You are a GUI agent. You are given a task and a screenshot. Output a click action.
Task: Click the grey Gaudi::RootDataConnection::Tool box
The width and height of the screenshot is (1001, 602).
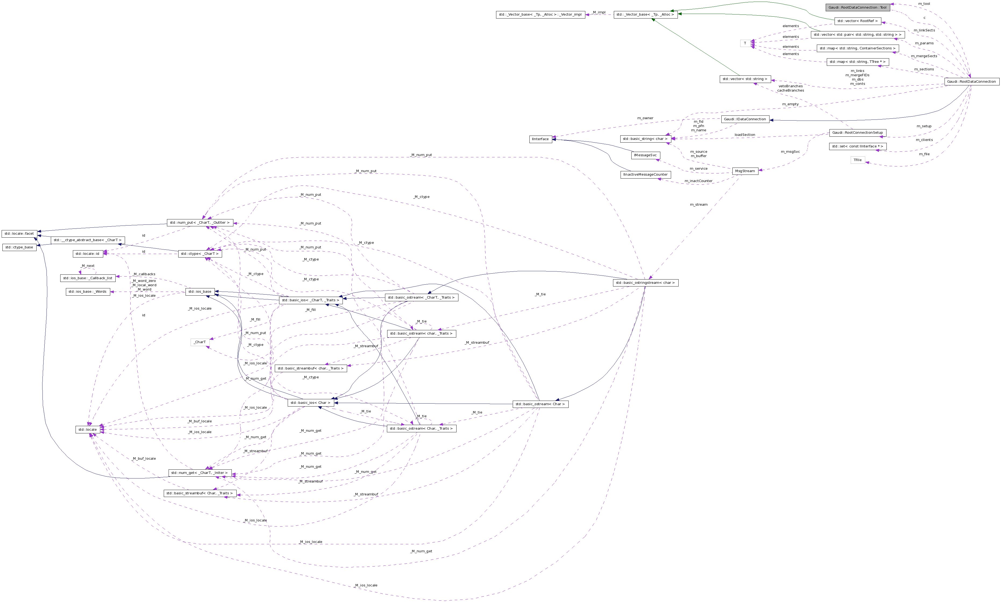857,7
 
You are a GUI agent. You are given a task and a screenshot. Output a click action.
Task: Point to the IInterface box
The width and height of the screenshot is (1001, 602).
540,139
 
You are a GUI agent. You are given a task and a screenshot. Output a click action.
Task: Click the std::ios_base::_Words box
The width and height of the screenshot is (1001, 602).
87,292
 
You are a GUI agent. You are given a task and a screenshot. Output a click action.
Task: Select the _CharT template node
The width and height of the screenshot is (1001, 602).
200,342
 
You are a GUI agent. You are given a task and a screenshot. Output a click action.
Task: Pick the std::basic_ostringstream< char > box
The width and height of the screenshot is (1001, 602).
645,283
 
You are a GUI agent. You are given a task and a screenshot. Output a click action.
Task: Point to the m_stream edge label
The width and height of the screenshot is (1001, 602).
699,204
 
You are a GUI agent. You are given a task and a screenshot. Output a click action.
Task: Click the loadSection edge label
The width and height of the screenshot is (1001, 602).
745,135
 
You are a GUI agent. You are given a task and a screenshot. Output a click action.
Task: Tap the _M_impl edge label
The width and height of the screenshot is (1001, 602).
599,12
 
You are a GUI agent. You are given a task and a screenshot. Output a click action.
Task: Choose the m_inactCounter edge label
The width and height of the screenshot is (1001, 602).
699,181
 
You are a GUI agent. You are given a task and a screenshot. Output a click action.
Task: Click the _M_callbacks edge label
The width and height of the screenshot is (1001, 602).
144,274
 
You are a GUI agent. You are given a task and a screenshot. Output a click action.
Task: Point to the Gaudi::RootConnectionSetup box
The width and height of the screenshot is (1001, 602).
857,133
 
